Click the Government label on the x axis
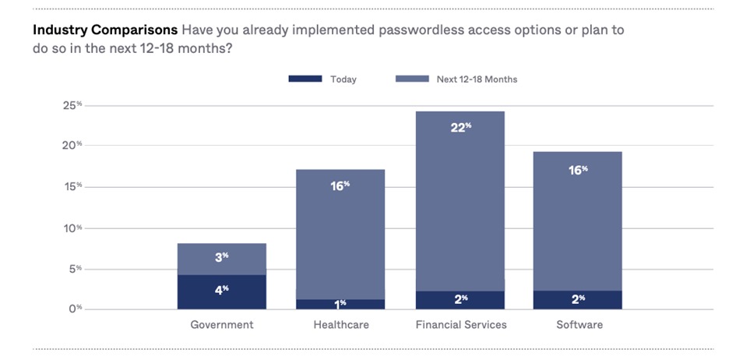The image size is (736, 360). click(222, 324)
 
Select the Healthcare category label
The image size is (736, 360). click(340, 324)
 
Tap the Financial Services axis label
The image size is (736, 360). click(460, 324)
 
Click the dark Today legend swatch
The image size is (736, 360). click(305, 79)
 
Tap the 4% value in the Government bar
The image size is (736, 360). click(222, 290)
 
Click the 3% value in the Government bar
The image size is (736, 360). click(222, 257)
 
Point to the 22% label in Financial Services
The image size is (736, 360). click(461, 128)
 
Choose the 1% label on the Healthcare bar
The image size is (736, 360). click(341, 303)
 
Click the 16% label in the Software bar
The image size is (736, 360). click(578, 170)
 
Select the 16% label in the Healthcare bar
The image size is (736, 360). click(340, 185)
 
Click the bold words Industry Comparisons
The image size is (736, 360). click(104, 30)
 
